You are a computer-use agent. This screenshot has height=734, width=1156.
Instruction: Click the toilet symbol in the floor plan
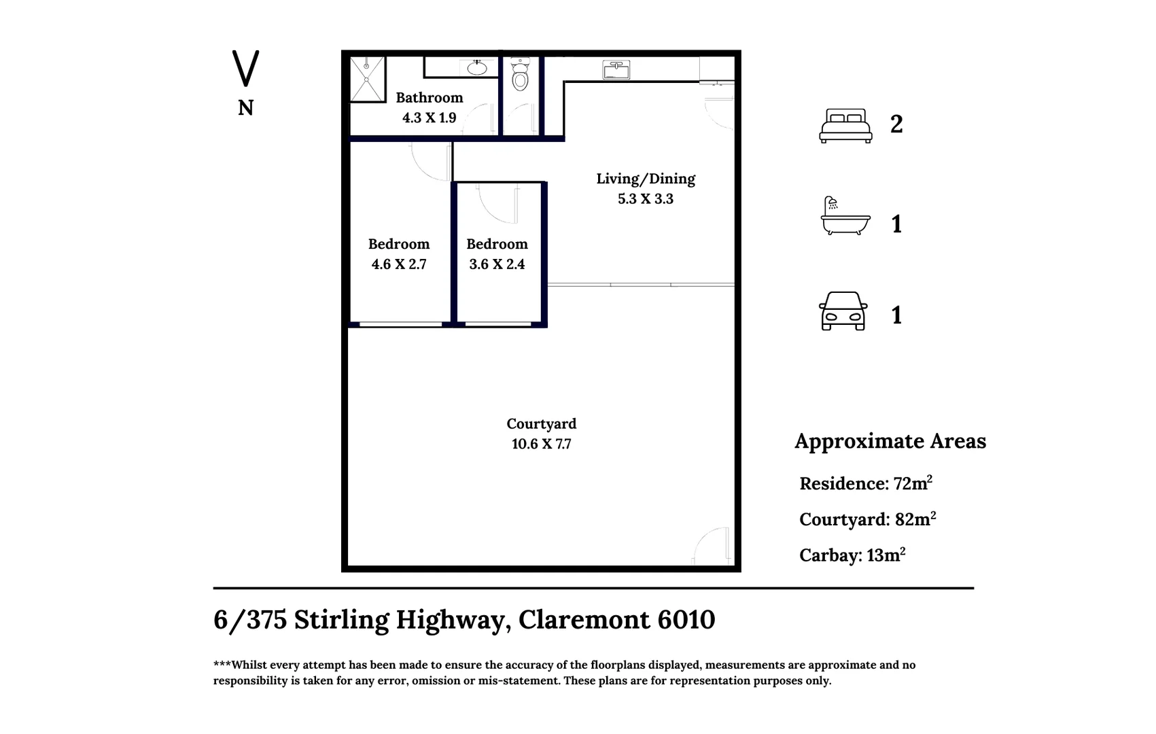(x=520, y=75)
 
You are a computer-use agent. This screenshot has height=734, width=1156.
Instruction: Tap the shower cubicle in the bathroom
(x=367, y=79)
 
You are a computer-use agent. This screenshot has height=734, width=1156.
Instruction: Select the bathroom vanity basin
(x=477, y=67)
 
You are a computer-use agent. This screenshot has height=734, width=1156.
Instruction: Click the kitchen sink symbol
(x=616, y=69)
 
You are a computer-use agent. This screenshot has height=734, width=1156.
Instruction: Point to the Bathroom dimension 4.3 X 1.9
(x=429, y=118)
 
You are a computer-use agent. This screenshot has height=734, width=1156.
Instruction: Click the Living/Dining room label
(x=646, y=179)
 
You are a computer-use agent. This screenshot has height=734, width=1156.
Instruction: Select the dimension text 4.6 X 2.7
(x=399, y=264)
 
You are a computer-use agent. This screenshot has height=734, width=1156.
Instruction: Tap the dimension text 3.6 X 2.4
(x=497, y=264)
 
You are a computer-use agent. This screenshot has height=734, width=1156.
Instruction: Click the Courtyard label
(x=541, y=424)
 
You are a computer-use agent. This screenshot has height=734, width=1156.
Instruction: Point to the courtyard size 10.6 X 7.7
(x=541, y=444)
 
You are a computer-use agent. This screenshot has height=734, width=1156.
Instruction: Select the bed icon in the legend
(x=845, y=126)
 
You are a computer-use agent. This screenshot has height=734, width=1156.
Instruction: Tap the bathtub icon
(x=845, y=216)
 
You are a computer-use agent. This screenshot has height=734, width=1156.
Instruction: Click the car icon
(x=843, y=311)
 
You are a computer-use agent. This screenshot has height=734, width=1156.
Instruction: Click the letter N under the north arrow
(x=245, y=108)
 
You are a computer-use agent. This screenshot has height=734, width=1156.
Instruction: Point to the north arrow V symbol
(x=245, y=68)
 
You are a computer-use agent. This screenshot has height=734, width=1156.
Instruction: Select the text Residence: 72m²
(x=865, y=483)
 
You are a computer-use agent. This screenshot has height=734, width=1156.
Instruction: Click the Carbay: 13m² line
(x=852, y=555)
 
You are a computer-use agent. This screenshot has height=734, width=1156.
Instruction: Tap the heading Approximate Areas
(x=890, y=441)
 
